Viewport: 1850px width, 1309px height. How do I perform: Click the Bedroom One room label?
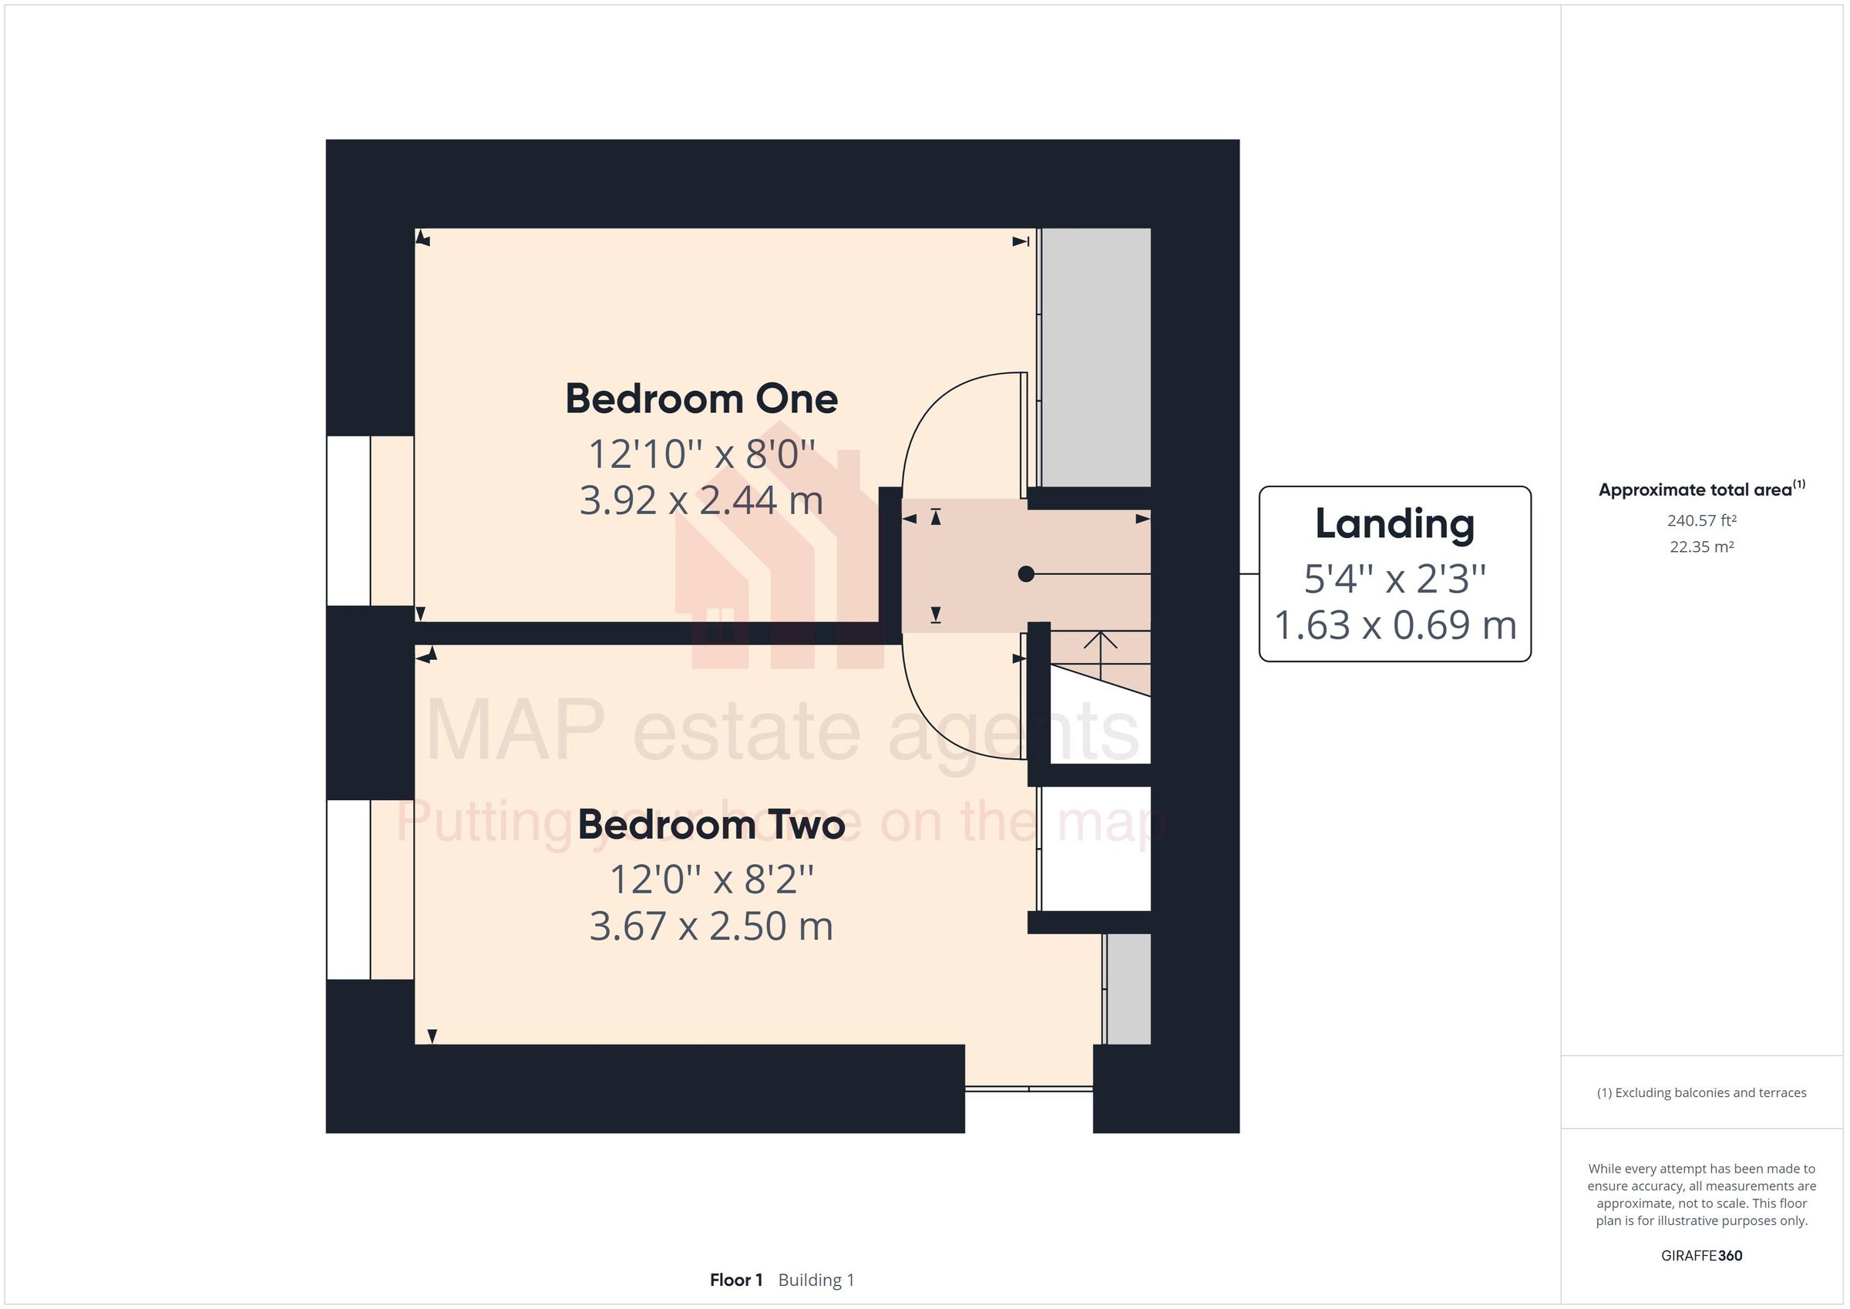tap(701, 399)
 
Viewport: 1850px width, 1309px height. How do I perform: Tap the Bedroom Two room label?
tap(711, 825)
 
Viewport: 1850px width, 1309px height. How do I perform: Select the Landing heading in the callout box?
tap(1394, 524)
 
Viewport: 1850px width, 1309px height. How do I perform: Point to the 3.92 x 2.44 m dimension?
tap(701, 500)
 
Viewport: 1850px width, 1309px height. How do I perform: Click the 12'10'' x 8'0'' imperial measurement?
tap(701, 454)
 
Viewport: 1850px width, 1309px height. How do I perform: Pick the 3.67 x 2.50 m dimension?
tap(711, 926)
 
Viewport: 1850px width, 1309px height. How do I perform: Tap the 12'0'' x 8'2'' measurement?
tap(711, 880)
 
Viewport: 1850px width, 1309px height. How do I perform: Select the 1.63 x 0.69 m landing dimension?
tap(1394, 625)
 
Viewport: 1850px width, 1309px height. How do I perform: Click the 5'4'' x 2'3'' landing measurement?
tap(1394, 579)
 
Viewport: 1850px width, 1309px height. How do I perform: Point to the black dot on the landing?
tap(1026, 574)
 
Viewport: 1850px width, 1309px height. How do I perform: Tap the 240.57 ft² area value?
tap(1701, 520)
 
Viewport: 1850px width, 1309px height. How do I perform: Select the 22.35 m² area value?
tap(1701, 547)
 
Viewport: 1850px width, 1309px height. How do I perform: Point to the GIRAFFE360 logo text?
tap(1701, 1255)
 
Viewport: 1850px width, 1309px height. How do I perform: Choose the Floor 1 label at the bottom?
tap(735, 1280)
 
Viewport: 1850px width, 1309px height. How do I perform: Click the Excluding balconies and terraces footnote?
tap(1701, 1092)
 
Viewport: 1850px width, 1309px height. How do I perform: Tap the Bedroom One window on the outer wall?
tap(348, 520)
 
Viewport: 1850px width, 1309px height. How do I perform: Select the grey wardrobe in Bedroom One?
tap(1095, 357)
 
